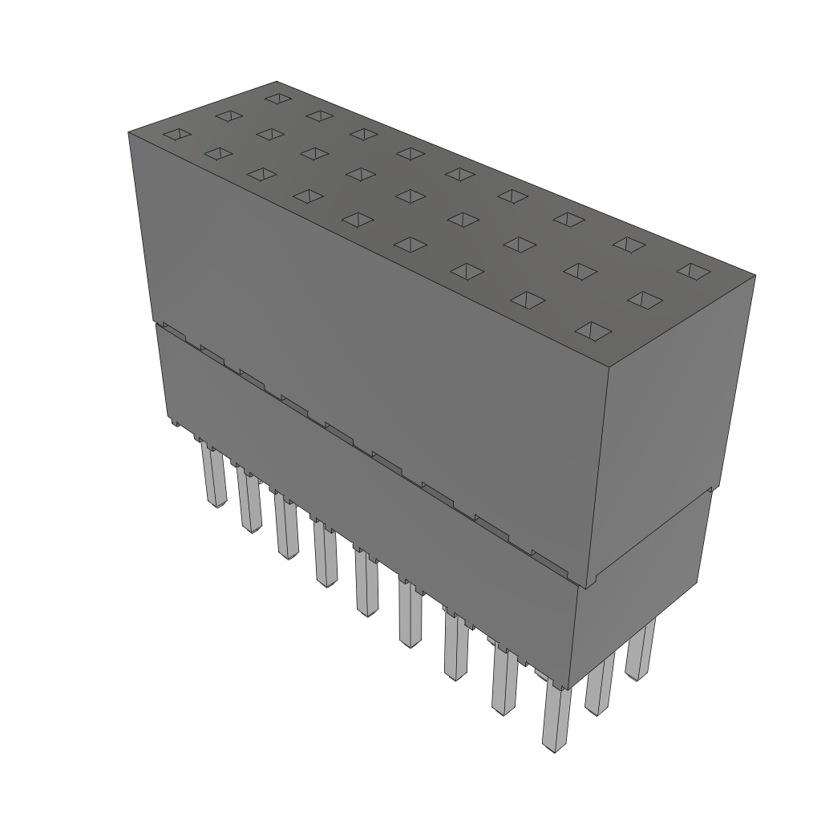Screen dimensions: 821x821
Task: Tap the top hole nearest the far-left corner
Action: tap(177, 135)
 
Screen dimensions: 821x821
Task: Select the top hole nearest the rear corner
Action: tap(277, 98)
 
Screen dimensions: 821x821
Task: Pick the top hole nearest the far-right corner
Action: tap(692, 272)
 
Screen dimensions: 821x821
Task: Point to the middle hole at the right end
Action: tap(645, 300)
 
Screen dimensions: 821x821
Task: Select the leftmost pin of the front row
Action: tap(212, 477)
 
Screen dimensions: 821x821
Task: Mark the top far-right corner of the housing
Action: tap(754, 276)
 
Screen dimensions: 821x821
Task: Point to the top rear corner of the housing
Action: tap(277, 81)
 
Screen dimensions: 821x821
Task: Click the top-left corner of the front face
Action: tap(129, 131)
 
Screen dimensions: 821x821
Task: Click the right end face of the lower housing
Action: tap(641, 577)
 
